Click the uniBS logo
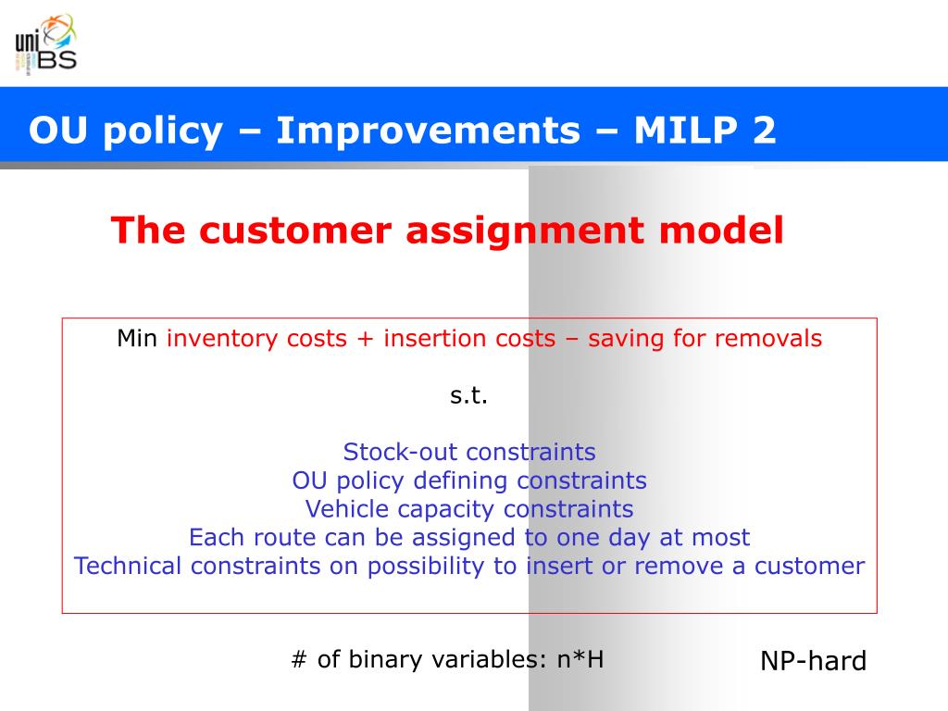coord(46,44)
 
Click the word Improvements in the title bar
coord(428,130)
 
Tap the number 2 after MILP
coord(764,130)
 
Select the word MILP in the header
coord(686,130)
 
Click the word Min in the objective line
coord(137,339)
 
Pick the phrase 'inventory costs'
coord(256,339)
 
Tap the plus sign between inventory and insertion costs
coord(365,339)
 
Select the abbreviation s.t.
coord(468,395)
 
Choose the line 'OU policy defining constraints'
coord(469,480)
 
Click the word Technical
coord(128,566)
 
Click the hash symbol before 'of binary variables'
coord(299,659)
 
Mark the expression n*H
coord(580,659)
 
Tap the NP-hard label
coord(813,661)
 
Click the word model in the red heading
coord(721,231)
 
